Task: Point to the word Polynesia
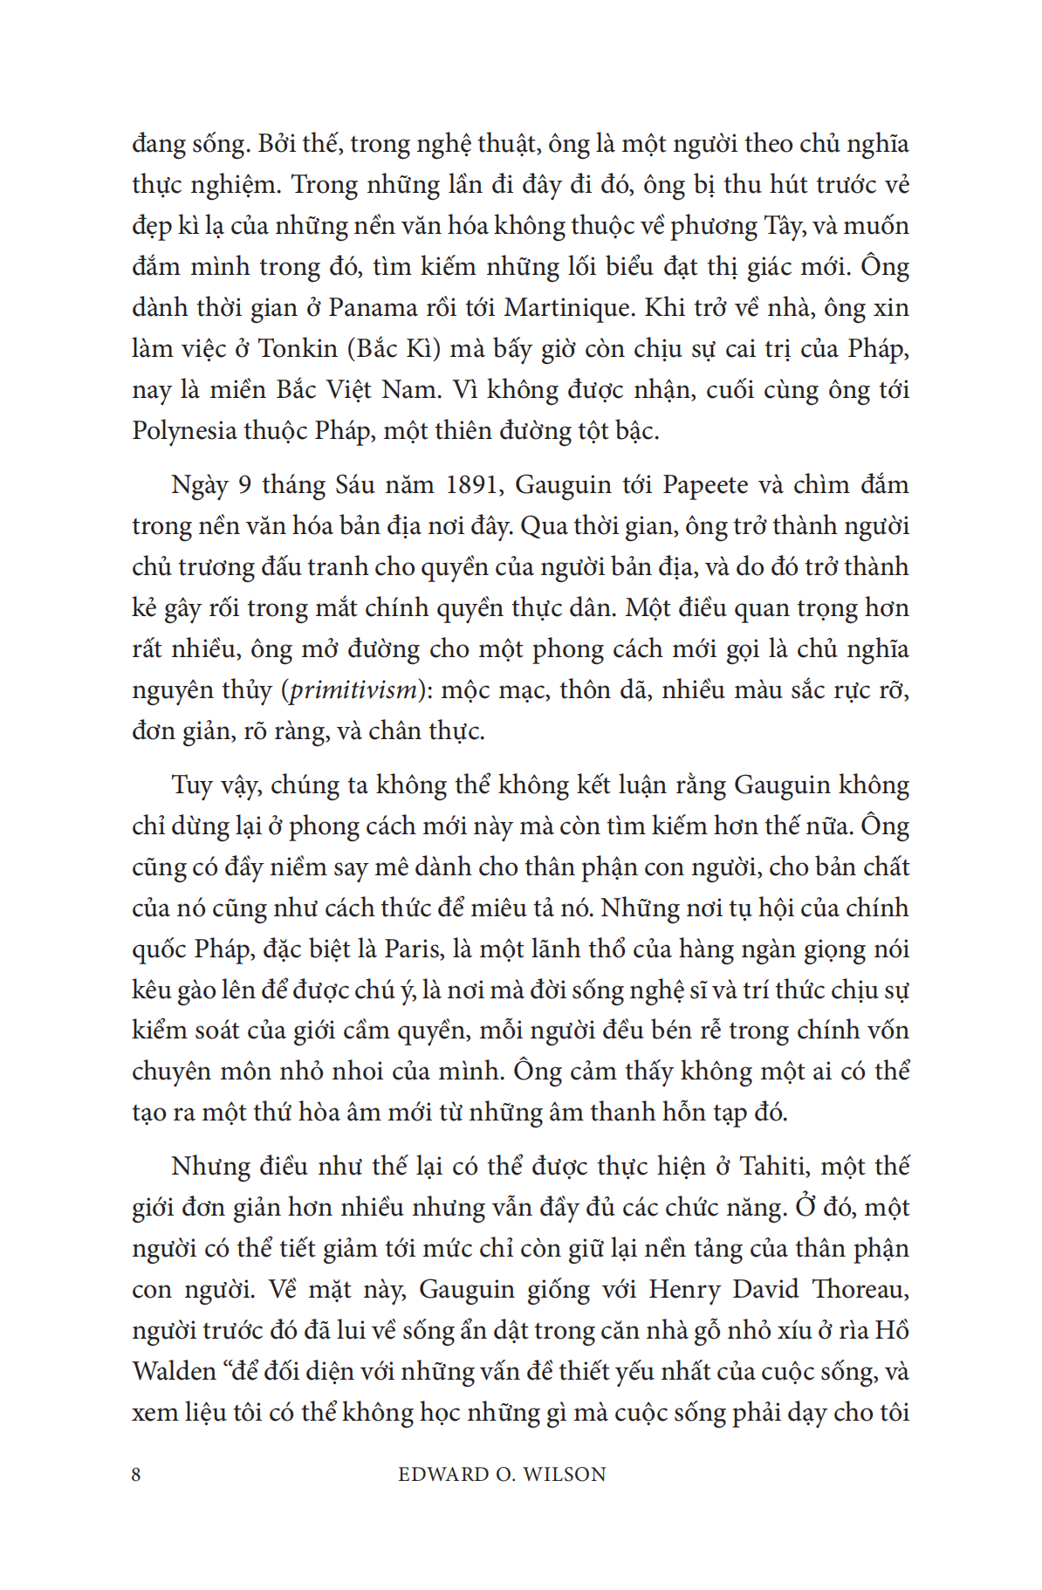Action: tap(184, 431)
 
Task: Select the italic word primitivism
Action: tap(353, 690)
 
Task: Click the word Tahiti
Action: tap(774, 1167)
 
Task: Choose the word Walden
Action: tap(174, 1372)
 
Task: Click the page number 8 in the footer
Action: tap(136, 1475)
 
